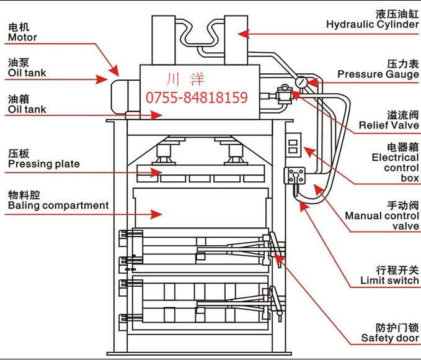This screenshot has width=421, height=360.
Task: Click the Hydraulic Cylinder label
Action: pyautogui.click(x=373, y=25)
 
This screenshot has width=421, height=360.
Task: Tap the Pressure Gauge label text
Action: pyautogui.click(x=378, y=74)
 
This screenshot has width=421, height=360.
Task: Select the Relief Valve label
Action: pyautogui.click(x=389, y=125)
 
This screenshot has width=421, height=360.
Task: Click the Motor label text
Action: pyautogui.click(x=22, y=37)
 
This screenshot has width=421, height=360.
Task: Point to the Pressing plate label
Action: pyautogui.click(x=43, y=164)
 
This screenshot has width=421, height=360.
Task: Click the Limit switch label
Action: pyautogui.click(x=389, y=281)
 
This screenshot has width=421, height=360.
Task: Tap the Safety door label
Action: pyautogui.click(x=390, y=338)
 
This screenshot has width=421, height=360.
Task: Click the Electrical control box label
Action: pyautogui.click(x=395, y=168)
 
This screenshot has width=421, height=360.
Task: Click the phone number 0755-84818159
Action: pyautogui.click(x=197, y=97)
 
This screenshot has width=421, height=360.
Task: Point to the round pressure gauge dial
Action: pyautogui.click(x=301, y=81)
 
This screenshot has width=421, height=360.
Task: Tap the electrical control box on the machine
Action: pyautogui.click(x=293, y=147)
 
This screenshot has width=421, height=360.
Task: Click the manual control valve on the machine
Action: pyautogui.click(x=294, y=176)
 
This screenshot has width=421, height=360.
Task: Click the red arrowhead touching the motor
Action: pyautogui.click(x=114, y=70)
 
